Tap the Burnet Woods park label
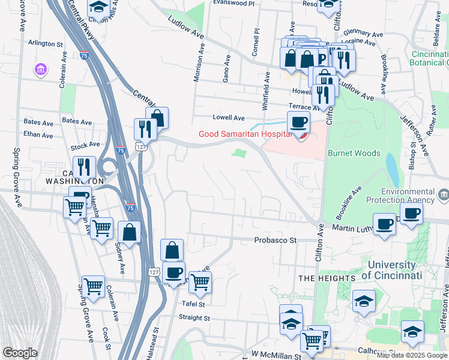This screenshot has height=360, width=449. click(354, 153)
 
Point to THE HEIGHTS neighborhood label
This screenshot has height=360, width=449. click(327, 278)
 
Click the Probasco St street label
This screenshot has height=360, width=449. click(276, 240)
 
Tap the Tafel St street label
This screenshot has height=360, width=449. click(193, 304)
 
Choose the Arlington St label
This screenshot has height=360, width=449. click(46, 44)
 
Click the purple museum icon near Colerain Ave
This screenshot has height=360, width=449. click(40, 70)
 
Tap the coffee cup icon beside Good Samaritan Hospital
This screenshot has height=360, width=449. click(298, 123)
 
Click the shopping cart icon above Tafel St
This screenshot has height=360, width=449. click(200, 280)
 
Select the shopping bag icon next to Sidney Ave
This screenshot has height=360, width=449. click(129, 232)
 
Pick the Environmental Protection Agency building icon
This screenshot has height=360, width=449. click(443, 194)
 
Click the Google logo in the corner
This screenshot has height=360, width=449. click(20, 353)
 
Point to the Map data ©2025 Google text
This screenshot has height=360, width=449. click(412, 355)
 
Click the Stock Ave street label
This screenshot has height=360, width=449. click(85, 145)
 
